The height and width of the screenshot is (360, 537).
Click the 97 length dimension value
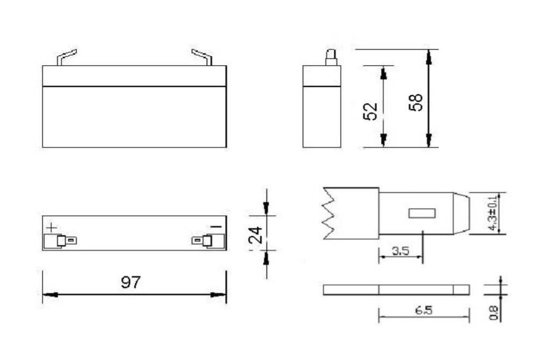(131, 282)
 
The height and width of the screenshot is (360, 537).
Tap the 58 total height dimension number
(415, 102)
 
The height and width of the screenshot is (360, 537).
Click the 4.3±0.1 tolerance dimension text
(492, 213)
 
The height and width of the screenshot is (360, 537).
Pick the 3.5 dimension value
(399, 251)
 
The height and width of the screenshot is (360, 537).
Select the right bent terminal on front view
(202, 57)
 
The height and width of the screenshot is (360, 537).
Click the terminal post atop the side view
(331, 57)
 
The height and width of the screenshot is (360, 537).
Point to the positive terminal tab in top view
(64, 241)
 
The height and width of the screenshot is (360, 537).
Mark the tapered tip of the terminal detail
(462, 213)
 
